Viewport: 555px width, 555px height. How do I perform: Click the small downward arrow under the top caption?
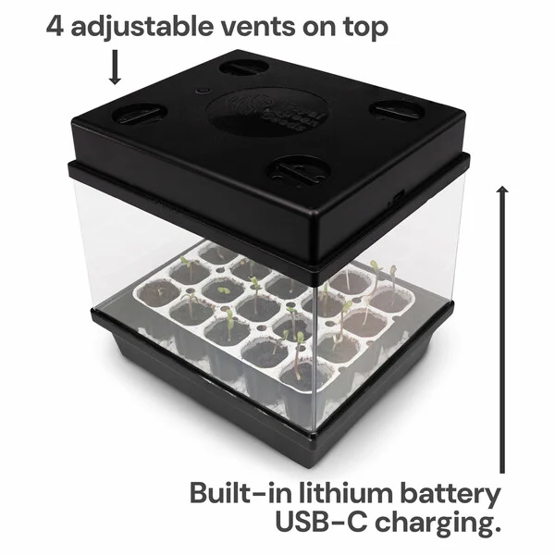coord(117,68)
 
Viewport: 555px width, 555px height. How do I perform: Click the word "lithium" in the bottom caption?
coord(352,492)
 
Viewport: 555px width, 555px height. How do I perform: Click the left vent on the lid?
coord(141,115)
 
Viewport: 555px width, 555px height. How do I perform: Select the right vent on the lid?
coord(397,109)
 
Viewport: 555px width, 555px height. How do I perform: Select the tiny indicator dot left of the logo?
coord(197,94)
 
